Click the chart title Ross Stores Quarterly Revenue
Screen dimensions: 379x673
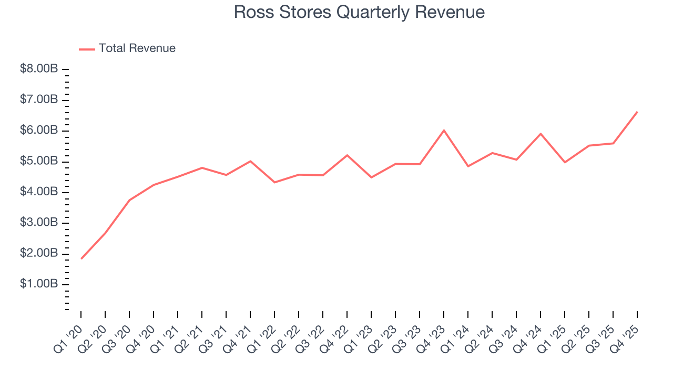point(359,12)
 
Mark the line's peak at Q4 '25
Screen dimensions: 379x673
point(637,112)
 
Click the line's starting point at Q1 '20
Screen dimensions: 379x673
point(81,258)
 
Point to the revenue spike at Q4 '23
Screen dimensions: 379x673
point(444,130)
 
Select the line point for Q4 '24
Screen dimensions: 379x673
point(541,134)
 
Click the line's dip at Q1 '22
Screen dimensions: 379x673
point(274,182)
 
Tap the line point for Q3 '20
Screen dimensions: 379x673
point(129,200)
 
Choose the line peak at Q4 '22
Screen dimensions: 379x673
point(347,155)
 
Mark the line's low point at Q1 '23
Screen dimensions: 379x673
point(371,177)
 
